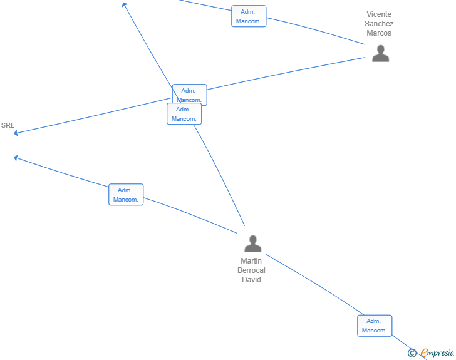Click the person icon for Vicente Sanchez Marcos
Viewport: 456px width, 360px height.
[x=380, y=53]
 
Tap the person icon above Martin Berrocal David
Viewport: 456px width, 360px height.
[x=252, y=244]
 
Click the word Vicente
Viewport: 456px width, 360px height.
[x=379, y=14]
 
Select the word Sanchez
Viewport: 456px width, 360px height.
[x=379, y=24]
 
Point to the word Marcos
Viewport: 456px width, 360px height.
[x=379, y=33]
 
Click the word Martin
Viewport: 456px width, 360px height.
[x=251, y=261]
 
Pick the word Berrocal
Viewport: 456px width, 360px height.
[x=251, y=270]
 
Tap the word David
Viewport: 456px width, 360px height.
[x=251, y=279]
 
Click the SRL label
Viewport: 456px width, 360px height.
[x=8, y=125]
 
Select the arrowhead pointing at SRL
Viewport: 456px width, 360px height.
[x=16, y=133]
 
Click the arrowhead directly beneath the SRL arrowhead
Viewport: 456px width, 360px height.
[x=16, y=158]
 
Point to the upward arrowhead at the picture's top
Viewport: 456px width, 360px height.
[x=125, y=4]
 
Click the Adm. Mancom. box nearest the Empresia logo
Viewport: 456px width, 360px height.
[x=375, y=326]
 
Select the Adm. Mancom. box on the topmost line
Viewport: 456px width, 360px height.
[x=249, y=16]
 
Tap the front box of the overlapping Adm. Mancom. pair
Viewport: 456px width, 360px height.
[x=184, y=114]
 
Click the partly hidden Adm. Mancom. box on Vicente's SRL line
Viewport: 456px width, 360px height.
[x=190, y=94]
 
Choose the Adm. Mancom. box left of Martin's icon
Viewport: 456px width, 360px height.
[x=126, y=195]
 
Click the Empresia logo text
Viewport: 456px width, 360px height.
[x=437, y=352]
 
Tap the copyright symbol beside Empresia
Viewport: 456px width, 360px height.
[x=412, y=353]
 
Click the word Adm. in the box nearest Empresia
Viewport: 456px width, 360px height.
[x=373, y=321]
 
